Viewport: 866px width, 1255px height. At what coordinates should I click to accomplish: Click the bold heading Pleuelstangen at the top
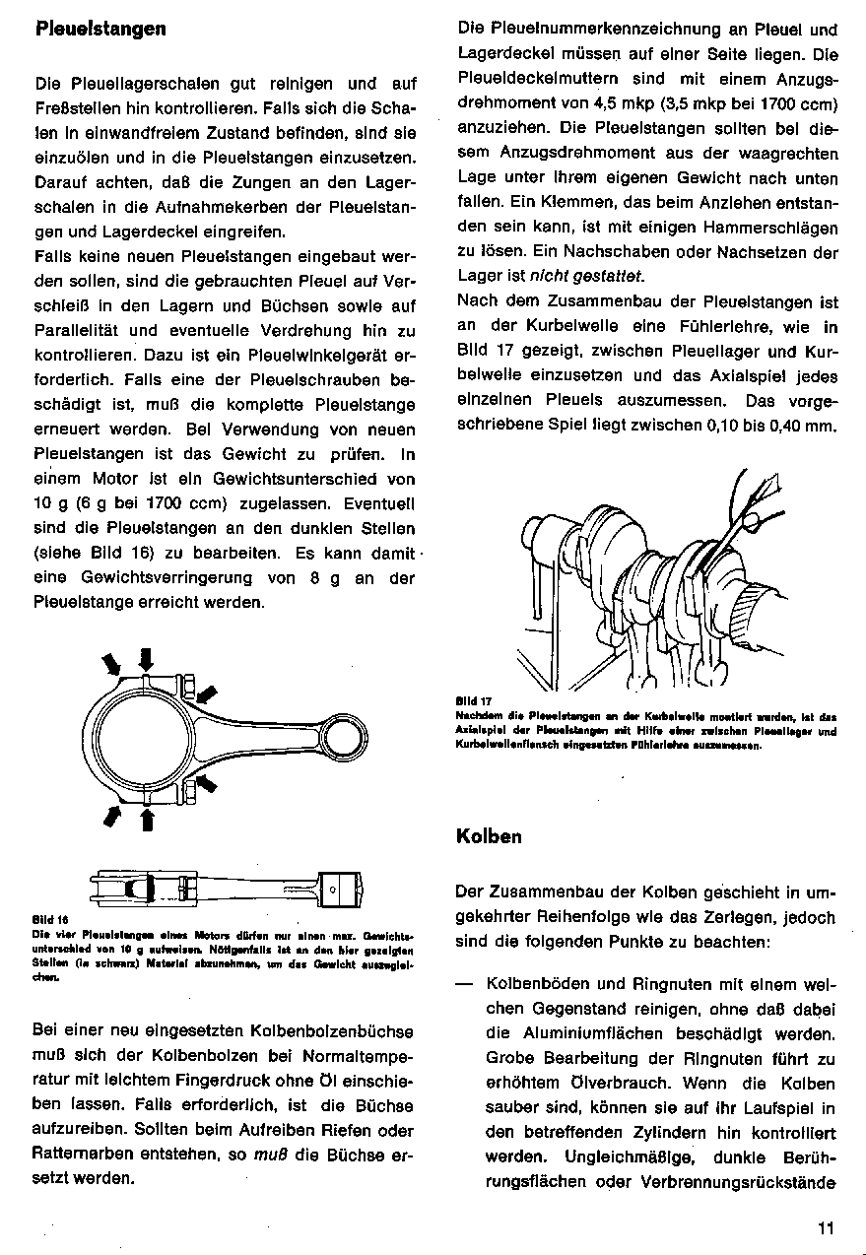tap(100, 29)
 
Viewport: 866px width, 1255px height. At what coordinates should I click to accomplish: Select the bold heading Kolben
tap(489, 836)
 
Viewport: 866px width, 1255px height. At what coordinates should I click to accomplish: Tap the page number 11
tap(825, 1227)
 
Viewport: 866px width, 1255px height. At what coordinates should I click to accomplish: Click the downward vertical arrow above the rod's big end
tap(147, 658)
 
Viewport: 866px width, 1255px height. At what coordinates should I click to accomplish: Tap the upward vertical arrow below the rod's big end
tap(147, 818)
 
